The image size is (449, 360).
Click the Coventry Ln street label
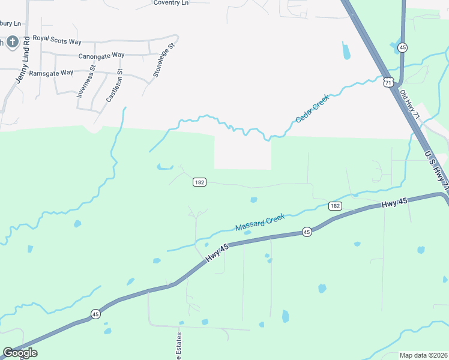coord(171,3)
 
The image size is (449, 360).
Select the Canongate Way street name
coord(101,55)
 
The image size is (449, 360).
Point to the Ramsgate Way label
coord(51,73)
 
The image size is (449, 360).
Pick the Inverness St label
coord(85,82)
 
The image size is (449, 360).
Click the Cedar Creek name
coord(312,109)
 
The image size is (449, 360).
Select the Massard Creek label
coord(259,223)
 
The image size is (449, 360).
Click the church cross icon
coord(10,43)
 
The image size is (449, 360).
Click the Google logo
coord(20,353)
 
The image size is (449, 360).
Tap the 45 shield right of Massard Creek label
coord(307,232)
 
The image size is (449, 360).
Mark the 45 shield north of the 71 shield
coord(403,47)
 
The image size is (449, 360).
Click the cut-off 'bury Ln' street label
coord(10,23)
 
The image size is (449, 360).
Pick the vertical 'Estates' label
coord(178,347)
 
